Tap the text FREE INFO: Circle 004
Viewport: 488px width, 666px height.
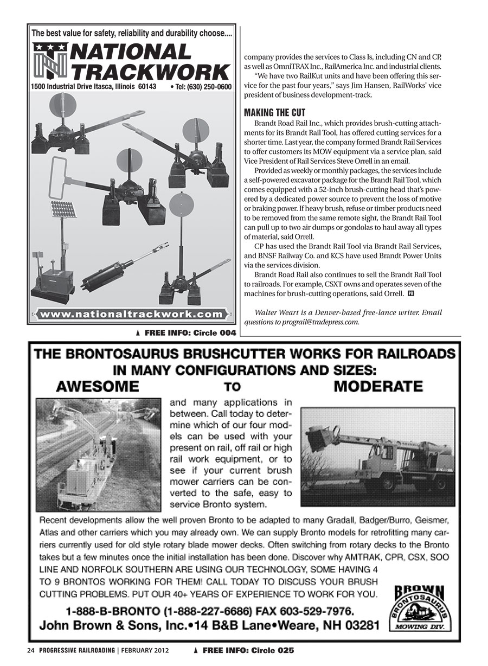188,332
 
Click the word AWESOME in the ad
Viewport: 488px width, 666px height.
98,387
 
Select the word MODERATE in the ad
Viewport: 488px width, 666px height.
378,387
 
